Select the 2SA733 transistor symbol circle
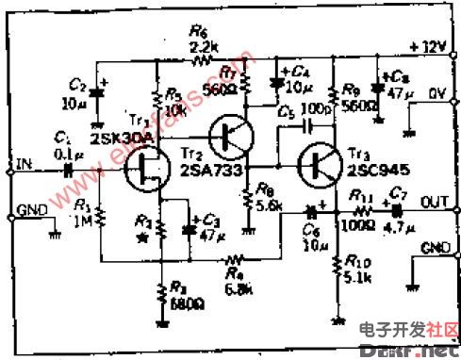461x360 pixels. coord(229,136)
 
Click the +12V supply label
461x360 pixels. coord(428,46)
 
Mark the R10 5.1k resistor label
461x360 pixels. coord(357,270)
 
